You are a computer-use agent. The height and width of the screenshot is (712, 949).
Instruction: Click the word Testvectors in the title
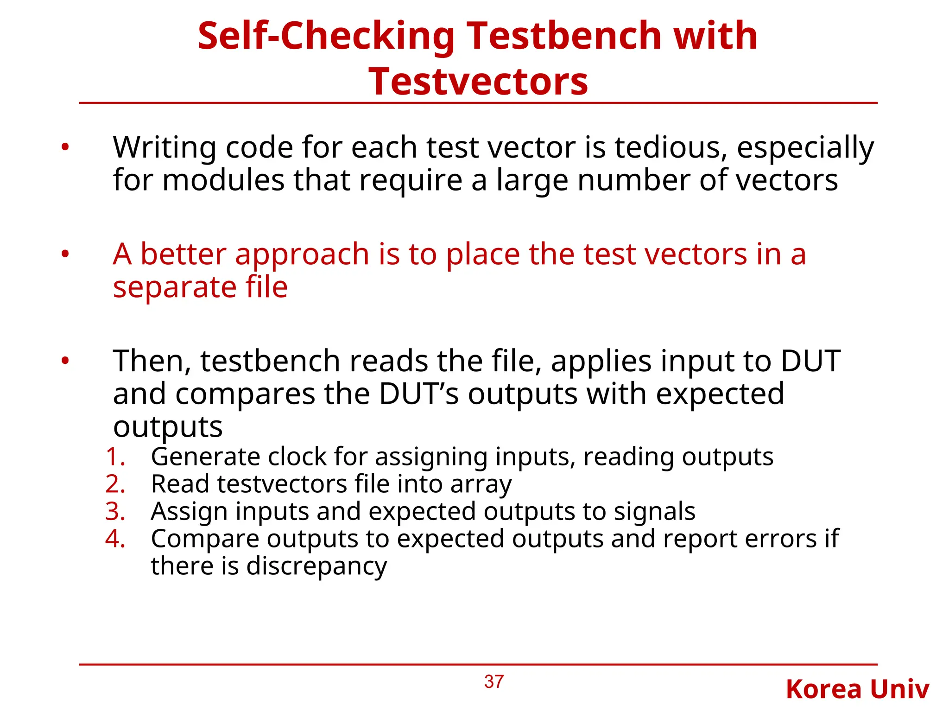[478, 82]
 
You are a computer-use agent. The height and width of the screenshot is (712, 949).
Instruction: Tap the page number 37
[493, 682]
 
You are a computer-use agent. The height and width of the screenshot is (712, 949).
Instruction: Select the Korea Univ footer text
[857, 689]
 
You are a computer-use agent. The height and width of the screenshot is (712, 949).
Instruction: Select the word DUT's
[419, 394]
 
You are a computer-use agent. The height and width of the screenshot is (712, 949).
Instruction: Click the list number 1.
[114, 457]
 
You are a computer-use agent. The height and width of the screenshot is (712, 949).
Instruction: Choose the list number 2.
[115, 484]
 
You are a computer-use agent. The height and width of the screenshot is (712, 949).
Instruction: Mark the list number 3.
[115, 512]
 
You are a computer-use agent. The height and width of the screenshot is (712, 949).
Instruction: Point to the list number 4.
[115, 539]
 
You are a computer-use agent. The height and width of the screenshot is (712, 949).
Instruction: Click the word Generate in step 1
[205, 457]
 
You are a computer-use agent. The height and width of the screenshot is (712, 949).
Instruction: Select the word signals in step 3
[654, 512]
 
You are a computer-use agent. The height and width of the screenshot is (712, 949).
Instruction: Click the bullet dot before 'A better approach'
[65, 254]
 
